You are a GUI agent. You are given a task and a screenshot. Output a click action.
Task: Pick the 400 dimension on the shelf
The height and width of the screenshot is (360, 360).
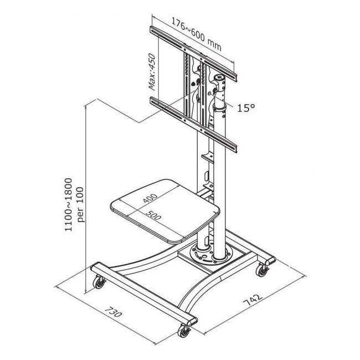point(149,198)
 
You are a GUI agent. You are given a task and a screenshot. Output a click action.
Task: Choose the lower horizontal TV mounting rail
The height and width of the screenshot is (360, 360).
point(194,123)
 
